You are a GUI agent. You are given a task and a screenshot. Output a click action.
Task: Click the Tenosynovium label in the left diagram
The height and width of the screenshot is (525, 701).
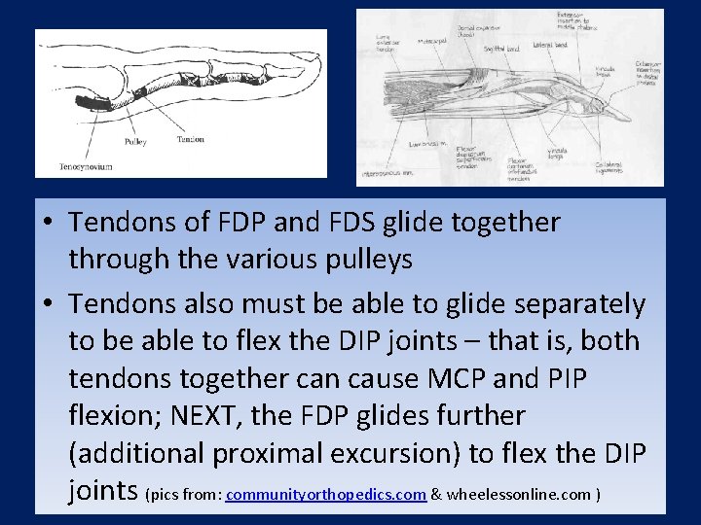tap(85, 166)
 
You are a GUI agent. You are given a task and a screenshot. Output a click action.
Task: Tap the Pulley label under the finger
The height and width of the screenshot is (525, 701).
tap(135, 142)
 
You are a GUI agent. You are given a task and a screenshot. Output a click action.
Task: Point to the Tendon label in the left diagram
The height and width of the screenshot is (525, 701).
tap(190, 139)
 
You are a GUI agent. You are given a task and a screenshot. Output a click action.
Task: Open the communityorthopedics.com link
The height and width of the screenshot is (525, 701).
tap(326, 495)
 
